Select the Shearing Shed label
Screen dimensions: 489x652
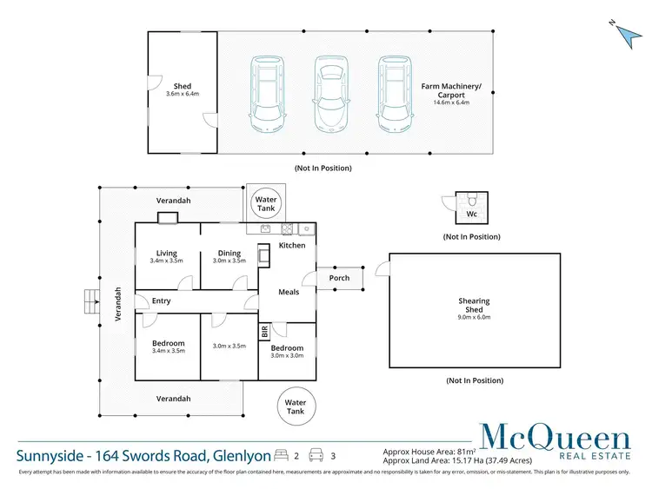click(x=474, y=307)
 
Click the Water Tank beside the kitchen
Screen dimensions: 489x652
click(x=266, y=204)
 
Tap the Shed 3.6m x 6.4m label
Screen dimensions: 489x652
click(x=182, y=90)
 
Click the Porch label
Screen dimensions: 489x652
click(x=339, y=278)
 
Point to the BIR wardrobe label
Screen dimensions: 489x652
click(x=264, y=332)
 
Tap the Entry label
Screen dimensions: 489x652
click(x=161, y=301)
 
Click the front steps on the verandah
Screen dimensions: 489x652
click(x=88, y=301)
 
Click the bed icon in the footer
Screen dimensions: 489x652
click(x=281, y=454)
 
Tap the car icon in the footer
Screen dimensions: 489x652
click(x=317, y=454)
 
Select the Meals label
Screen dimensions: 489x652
click(x=289, y=292)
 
